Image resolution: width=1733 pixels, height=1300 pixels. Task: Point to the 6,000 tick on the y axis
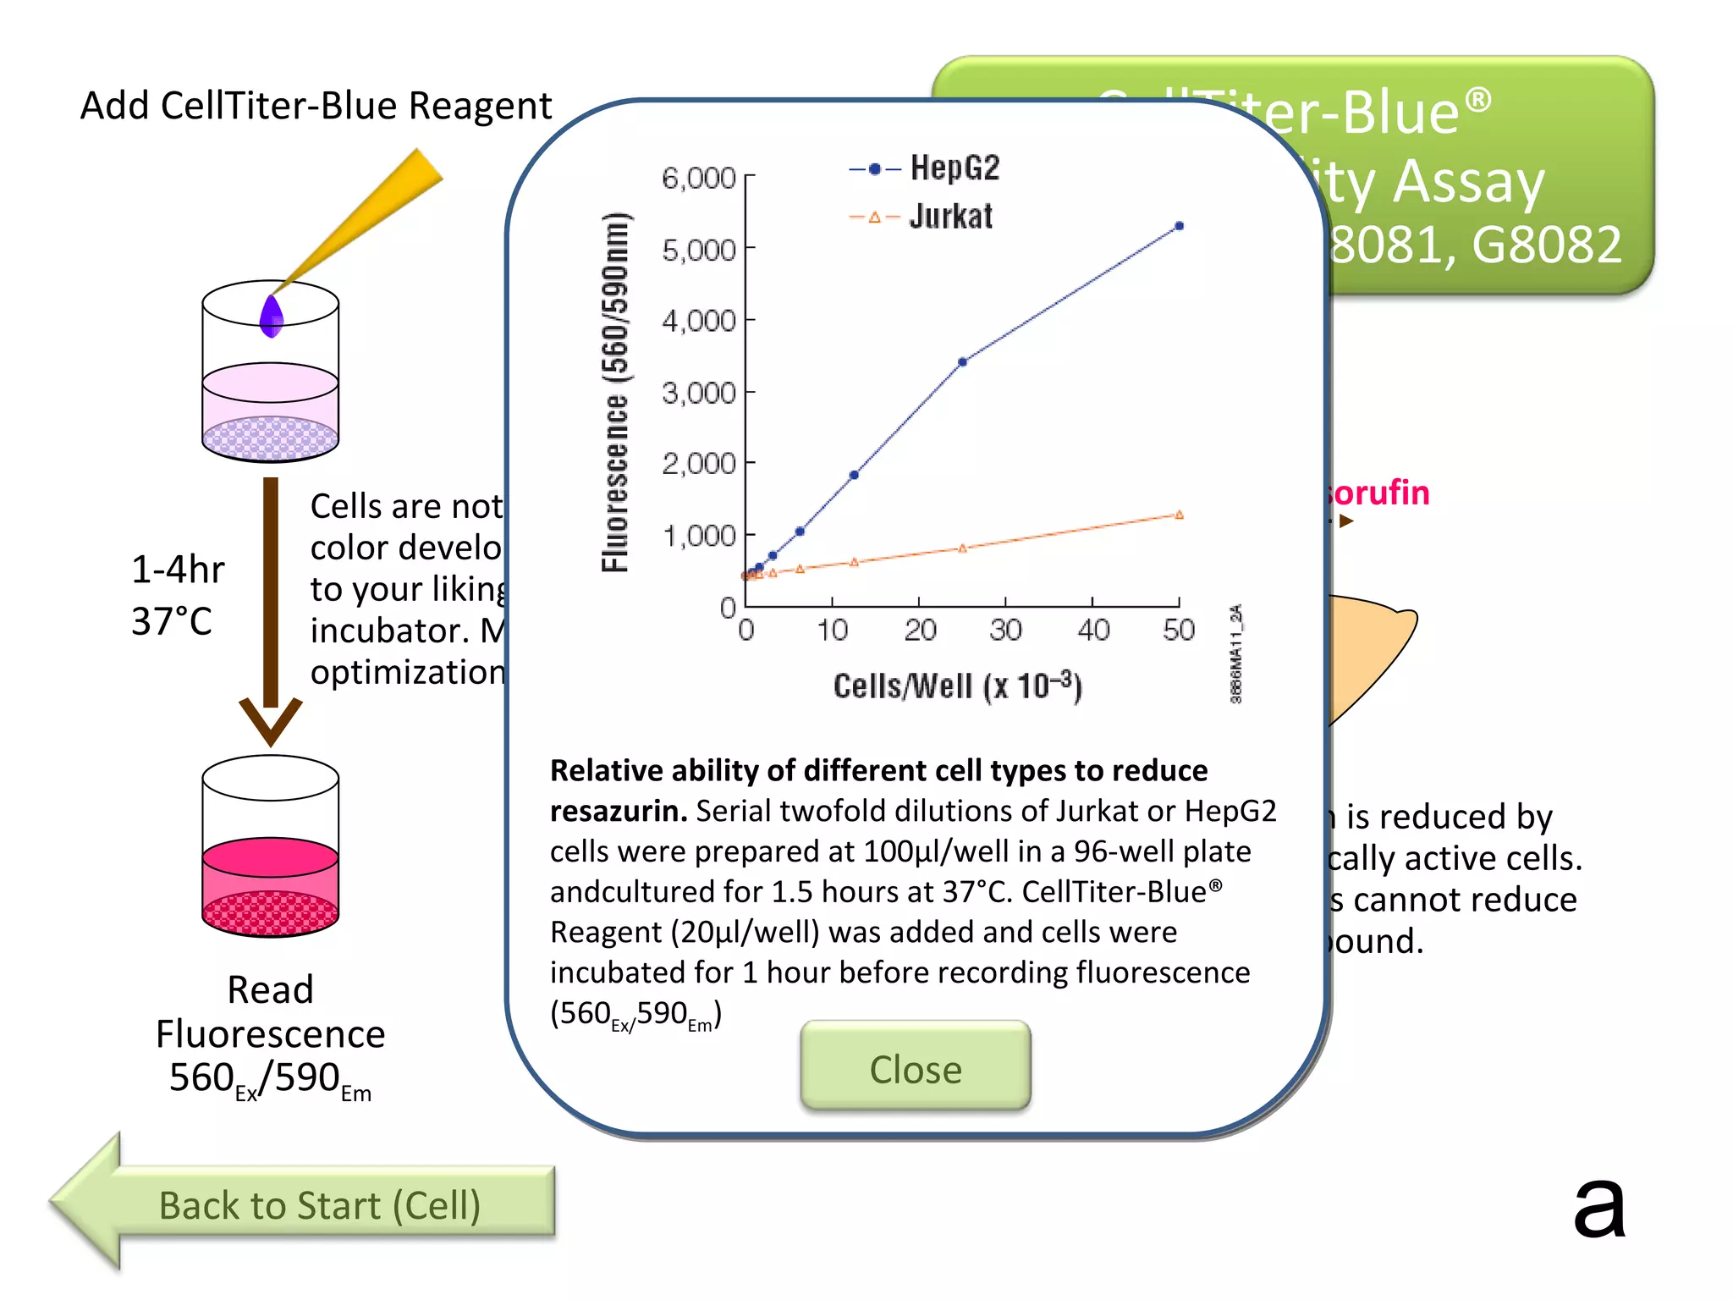point(699,178)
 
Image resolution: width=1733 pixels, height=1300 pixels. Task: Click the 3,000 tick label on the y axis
point(699,393)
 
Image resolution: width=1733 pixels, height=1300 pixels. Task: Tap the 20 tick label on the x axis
point(920,631)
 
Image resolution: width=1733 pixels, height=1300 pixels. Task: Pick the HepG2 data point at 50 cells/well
point(1179,226)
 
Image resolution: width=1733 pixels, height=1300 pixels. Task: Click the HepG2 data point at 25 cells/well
point(962,362)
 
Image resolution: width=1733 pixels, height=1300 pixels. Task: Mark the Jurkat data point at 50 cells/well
point(1179,515)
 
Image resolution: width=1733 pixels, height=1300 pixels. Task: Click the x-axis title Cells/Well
point(957,686)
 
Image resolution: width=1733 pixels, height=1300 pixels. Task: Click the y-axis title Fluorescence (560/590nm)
point(616,392)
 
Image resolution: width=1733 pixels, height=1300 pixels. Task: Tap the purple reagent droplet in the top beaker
point(271,317)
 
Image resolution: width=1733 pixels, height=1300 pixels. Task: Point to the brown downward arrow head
point(271,719)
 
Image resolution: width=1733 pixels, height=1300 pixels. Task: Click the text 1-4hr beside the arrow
point(178,570)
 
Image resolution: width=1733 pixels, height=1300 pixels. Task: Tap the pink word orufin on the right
point(1379,493)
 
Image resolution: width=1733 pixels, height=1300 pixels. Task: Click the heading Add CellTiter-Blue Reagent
point(316,106)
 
